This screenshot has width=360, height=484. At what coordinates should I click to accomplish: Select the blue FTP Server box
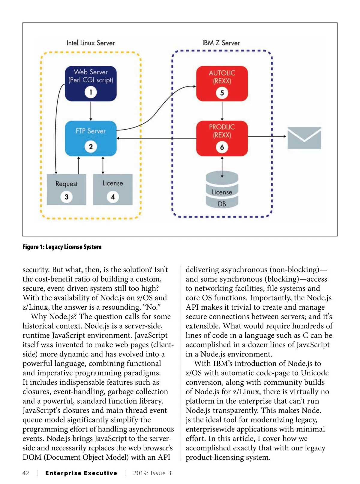pyautogui.click(x=91, y=138)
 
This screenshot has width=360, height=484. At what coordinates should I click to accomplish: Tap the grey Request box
pyautogui.click(x=66, y=189)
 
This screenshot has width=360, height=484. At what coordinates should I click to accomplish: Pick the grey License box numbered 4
pyautogui.click(x=112, y=189)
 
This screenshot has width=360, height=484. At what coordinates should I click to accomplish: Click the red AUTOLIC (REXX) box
pyautogui.click(x=222, y=83)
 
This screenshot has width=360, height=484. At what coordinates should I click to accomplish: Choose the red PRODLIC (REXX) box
pyautogui.click(x=222, y=138)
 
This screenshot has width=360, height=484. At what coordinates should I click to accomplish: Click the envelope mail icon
pyautogui.click(x=304, y=138)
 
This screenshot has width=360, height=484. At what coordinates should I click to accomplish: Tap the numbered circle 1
pyautogui.click(x=91, y=92)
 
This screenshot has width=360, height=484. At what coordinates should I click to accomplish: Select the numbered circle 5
pyautogui.click(x=222, y=93)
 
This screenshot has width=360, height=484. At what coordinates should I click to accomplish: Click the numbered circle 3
pyautogui.click(x=66, y=197)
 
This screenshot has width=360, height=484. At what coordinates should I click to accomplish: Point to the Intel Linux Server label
pyautogui.click(x=91, y=43)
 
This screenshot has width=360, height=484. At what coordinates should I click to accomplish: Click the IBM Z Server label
pyautogui.click(x=221, y=43)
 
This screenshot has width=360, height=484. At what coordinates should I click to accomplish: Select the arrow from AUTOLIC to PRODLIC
pyautogui.click(x=222, y=111)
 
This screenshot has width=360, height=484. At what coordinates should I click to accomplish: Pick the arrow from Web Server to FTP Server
pyautogui.click(x=91, y=111)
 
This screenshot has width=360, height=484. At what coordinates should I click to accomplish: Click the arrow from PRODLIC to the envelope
pyautogui.click(x=267, y=136)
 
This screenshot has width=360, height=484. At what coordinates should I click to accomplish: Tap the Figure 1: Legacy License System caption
pyautogui.click(x=62, y=247)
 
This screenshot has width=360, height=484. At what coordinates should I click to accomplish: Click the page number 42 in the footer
pyautogui.click(x=26, y=473)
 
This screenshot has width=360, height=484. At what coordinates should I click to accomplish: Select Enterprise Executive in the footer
pyautogui.click(x=81, y=473)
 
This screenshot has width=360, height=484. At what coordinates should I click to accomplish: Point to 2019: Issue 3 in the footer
pyautogui.click(x=152, y=473)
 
